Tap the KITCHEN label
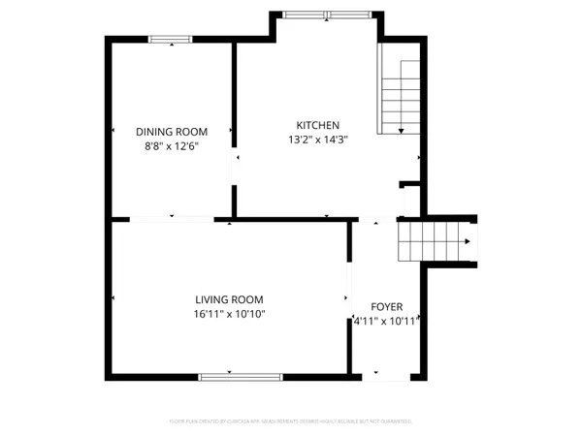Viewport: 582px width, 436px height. pyautogui.click(x=317, y=125)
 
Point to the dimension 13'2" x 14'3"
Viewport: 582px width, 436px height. pyautogui.click(x=317, y=140)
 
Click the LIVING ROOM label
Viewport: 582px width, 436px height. pyautogui.click(x=229, y=299)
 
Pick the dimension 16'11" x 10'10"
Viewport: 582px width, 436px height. pyautogui.click(x=229, y=314)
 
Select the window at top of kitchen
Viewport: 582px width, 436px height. pyautogui.click(x=320, y=14)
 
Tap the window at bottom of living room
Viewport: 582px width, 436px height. pyautogui.click(x=241, y=375)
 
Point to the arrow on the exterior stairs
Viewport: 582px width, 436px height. pyautogui.click(x=469, y=241)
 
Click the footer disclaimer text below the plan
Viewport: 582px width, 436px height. pyautogui.click(x=291, y=421)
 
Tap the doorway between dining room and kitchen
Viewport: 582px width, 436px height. pyautogui.click(x=233, y=165)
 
